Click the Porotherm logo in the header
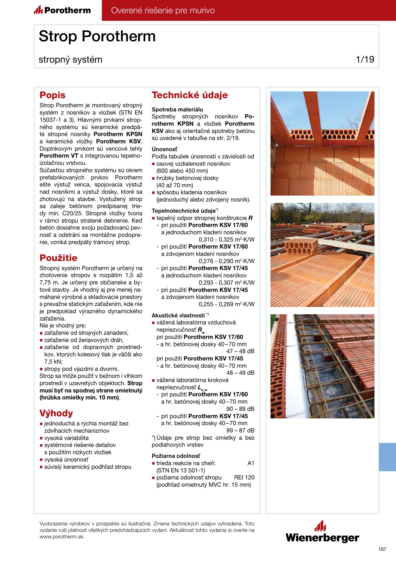tap(62, 10)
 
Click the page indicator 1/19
tap(365, 59)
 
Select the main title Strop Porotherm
tap(97, 36)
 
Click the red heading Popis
tap(52, 95)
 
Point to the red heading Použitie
tap(58, 258)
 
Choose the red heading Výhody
tap(56, 413)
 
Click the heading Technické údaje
tap(190, 95)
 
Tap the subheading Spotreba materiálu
tap(177, 109)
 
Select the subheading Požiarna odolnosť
tap(176, 456)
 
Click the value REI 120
tap(244, 477)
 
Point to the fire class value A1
tap(251, 463)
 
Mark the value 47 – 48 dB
tap(240, 351)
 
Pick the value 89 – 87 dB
tap(240, 430)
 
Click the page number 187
tap(382, 549)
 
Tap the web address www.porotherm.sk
tap(62, 537)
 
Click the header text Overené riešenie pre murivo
tap(163, 10)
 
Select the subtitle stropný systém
tap(71, 59)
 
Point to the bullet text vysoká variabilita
tap(66, 438)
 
